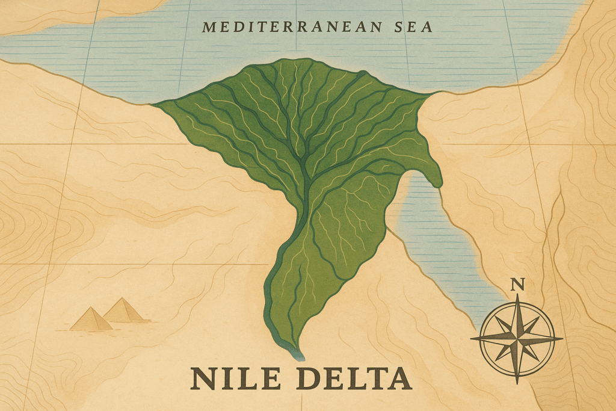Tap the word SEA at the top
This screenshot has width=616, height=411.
point(412,26)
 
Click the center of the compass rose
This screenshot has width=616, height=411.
point(517,339)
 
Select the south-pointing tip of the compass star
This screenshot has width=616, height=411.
point(517,383)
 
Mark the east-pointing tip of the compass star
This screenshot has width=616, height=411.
point(562,339)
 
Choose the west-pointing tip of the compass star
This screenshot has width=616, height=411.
point(472,339)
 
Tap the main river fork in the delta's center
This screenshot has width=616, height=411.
point(306,175)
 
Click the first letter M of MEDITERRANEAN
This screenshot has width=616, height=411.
point(208,27)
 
